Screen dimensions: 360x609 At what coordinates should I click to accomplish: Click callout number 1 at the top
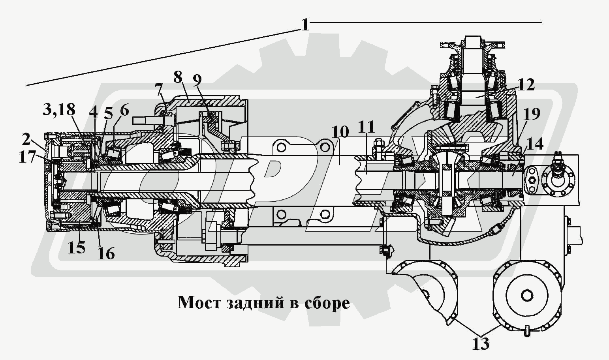coord(304,25)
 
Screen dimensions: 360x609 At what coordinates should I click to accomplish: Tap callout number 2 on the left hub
coord(26,139)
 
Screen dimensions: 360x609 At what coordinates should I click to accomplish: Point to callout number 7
coord(159,90)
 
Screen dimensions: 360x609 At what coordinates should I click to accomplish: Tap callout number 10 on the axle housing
coord(340,131)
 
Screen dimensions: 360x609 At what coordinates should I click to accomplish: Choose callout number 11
coord(366,127)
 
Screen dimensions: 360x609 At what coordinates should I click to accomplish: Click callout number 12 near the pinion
coord(526,85)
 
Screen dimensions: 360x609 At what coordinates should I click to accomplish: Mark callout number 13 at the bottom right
coord(481,343)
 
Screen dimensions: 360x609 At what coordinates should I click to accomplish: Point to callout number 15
coord(76,247)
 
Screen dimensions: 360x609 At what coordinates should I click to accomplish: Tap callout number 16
coord(106,253)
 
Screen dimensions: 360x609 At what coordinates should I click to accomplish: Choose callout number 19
coord(532,114)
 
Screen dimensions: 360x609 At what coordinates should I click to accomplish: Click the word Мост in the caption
coord(199,303)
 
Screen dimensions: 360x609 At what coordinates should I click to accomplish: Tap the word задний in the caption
coord(255,303)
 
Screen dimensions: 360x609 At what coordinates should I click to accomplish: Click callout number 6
coord(124,110)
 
